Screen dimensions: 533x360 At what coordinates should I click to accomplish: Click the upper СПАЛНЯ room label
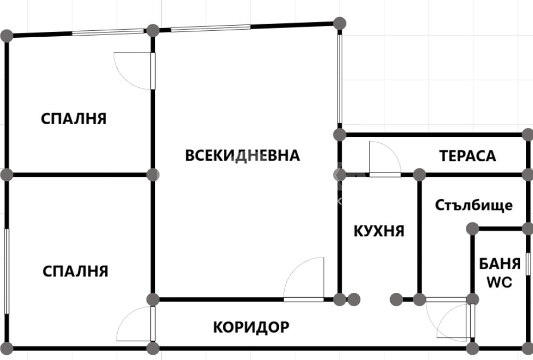click(x=74, y=119)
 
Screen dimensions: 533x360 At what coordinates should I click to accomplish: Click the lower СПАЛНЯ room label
click(x=76, y=272)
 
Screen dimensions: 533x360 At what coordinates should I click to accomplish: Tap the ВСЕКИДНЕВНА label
click(x=243, y=156)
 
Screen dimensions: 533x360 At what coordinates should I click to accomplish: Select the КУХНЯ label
click(x=379, y=231)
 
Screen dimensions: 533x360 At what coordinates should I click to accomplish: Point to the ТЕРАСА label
click(x=468, y=156)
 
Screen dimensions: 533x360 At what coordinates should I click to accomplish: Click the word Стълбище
click(x=474, y=206)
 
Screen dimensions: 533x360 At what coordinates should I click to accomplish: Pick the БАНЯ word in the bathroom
click(x=500, y=264)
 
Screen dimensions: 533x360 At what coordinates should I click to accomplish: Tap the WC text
click(x=499, y=282)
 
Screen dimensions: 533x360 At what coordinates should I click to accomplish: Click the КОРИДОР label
click(x=251, y=327)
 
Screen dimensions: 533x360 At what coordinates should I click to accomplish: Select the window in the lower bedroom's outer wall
click(x=6, y=272)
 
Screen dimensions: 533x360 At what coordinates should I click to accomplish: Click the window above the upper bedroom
click(x=108, y=32)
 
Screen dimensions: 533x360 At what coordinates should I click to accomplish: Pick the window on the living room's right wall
click(x=340, y=79)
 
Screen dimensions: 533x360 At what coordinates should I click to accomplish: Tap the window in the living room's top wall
click(x=211, y=28)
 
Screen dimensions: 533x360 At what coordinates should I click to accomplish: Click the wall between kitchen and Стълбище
click(x=419, y=237)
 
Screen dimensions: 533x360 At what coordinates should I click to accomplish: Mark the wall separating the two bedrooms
click(x=80, y=175)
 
